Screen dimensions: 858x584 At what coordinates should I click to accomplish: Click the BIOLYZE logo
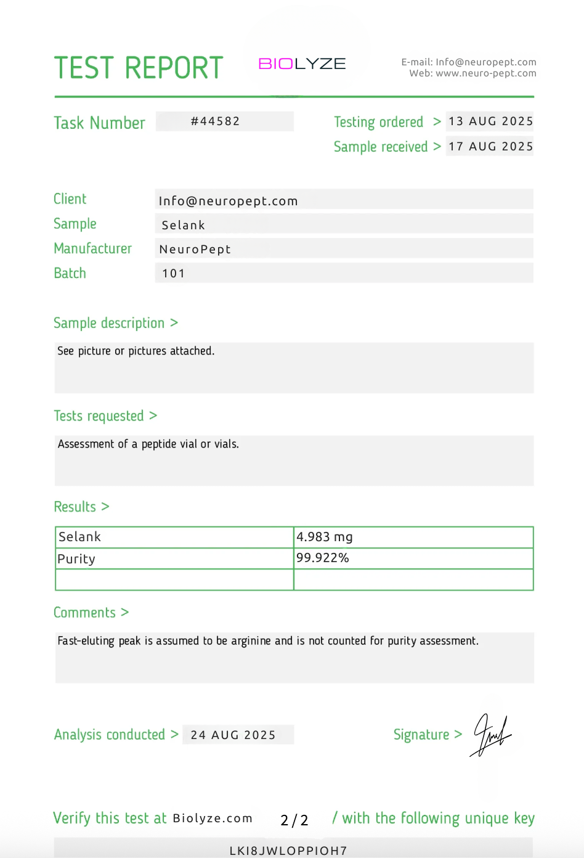pos(302,63)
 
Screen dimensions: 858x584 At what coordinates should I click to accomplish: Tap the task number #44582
pos(215,121)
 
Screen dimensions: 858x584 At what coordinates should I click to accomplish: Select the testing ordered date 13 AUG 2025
pos(490,121)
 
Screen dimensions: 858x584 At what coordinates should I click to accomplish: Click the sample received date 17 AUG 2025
pos(490,147)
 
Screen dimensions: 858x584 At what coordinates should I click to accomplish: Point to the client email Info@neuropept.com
pos(228,201)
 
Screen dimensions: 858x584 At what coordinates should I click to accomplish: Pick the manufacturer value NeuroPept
pos(195,249)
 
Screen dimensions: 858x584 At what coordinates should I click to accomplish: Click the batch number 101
pos(173,273)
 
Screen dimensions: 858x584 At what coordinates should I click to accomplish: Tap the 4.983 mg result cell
pos(325,537)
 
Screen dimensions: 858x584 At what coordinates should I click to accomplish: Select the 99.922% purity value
pos(323,558)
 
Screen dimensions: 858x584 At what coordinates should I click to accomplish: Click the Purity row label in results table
pos(76,559)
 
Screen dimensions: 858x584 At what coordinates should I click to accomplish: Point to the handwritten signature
pos(492,735)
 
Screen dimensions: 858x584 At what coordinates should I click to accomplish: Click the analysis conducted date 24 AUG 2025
pos(233,735)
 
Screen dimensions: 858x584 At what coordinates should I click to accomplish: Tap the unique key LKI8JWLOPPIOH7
pos(288,851)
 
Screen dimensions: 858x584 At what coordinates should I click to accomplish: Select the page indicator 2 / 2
pos(294,820)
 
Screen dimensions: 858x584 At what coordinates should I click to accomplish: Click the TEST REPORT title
pos(139,68)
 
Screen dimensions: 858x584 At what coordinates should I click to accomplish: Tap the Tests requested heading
pos(99,416)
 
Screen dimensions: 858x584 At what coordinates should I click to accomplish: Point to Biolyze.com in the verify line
pos(213,819)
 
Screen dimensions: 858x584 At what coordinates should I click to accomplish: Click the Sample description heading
pos(109,323)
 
